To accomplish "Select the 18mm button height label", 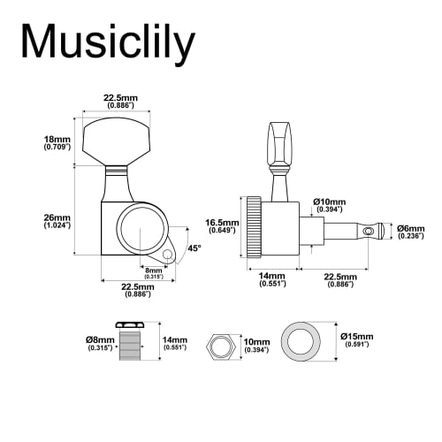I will (x=57, y=143).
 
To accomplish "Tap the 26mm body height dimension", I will (x=57, y=220).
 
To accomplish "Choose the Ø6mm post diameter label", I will (x=409, y=230).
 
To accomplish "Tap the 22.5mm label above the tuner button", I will (x=120, y=100).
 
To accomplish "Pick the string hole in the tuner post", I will (x=361, y=230).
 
